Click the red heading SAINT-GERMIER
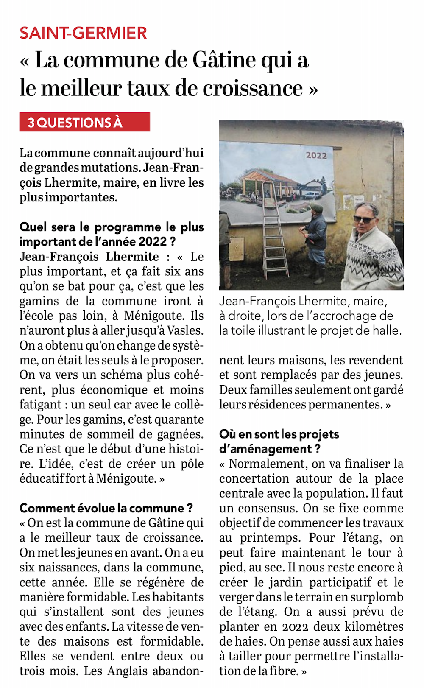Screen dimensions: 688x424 click(x=83, y=33)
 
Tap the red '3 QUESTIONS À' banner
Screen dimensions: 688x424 click(x=84, y=122)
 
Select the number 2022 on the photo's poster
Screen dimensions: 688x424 click(x=316, y=155)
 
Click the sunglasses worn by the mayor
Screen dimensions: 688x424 click(x=363, y=219)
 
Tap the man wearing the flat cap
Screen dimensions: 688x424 click(x=315, y=238)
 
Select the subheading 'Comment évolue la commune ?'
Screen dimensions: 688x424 click(x=106, y=508)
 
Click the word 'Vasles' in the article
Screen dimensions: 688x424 click(x=185, y=330)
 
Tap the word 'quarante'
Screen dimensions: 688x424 click(x=179, y=420)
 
